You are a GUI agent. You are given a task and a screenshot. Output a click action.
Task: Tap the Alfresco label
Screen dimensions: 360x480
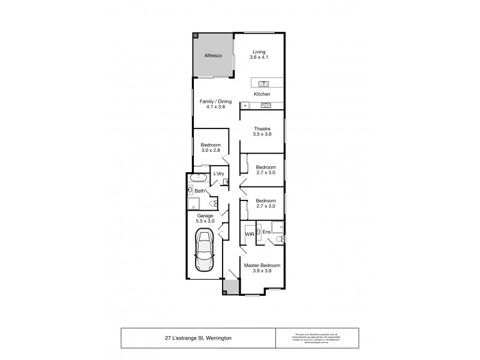[x=213, y=55]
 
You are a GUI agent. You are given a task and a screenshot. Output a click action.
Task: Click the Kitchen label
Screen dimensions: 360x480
[x=262, y=95]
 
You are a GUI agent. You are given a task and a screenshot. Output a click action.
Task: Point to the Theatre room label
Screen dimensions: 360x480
[x=262, y=128]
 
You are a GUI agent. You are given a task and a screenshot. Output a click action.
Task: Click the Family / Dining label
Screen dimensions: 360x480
[x=216, y=101]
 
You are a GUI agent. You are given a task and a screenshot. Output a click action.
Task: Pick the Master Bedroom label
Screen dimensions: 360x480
[x=262, y=265]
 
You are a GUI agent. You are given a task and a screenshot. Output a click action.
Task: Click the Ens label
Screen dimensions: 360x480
[x=266, y=231]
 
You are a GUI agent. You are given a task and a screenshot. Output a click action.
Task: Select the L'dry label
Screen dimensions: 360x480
[x=219, y=174]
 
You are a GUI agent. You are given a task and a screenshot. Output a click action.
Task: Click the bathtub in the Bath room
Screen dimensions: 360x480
[x=197, y=178]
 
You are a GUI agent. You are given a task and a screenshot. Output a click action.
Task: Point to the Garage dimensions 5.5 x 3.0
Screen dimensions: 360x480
[x=205, y=221]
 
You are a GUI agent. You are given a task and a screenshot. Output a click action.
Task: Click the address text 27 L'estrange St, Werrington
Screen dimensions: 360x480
[x=197, y=338]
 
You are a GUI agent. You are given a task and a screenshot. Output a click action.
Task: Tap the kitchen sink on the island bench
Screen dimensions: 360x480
[x=263, y=83]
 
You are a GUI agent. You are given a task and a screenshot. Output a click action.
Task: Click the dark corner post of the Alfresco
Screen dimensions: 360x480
[x=196, y=35]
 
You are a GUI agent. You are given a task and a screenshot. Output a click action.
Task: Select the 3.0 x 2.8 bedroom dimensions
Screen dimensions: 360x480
[x=211, y=151]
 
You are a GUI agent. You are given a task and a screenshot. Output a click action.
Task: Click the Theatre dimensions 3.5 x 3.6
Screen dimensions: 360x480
[x=262, y=135]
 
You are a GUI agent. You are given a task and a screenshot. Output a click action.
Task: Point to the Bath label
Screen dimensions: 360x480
[x=199, y=191]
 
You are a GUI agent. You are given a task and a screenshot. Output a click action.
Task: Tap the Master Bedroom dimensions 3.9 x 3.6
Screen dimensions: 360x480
[x=262, y=272]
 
